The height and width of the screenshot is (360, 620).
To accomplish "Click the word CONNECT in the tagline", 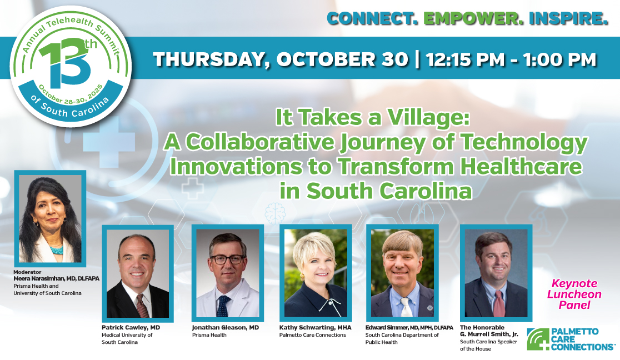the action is pyautogui.click(x=372, y=18).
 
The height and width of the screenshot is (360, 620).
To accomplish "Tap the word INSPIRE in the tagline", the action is pyautogui.click(x=568, y=18).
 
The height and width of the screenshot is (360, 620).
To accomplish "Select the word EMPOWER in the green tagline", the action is pyautogui.click(x=473, y=18).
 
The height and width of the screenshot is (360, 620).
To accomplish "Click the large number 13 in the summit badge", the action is pyautogui.click(x=64, y=64).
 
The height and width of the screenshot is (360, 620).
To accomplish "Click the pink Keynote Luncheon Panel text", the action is pyautogui.click(x=574, y=294).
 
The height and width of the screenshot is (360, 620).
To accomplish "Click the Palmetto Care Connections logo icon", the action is pyautogui.click(x=538, y=339).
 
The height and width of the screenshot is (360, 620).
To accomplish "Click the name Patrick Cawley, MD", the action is pyautogui.click(x=131, y=328).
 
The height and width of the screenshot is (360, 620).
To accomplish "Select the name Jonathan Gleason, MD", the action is pyautogui.click(x=226, y=328).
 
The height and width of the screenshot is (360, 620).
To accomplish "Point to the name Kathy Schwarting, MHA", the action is pyautogui.click(x=315, y=328).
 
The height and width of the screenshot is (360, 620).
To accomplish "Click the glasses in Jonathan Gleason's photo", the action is pyautogui.click(x=227, y=259).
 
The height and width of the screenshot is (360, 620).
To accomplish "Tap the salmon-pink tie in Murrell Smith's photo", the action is pyautogui.click(x=499, y=304).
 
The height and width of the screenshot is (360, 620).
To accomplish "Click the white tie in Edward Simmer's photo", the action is pyautogui.click(x=406, y=307).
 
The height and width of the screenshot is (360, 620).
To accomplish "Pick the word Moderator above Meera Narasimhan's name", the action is pyautogui.click(x=27, y=272).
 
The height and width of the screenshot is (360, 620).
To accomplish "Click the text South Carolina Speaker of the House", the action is pyautogui.click(x=488, y=345).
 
